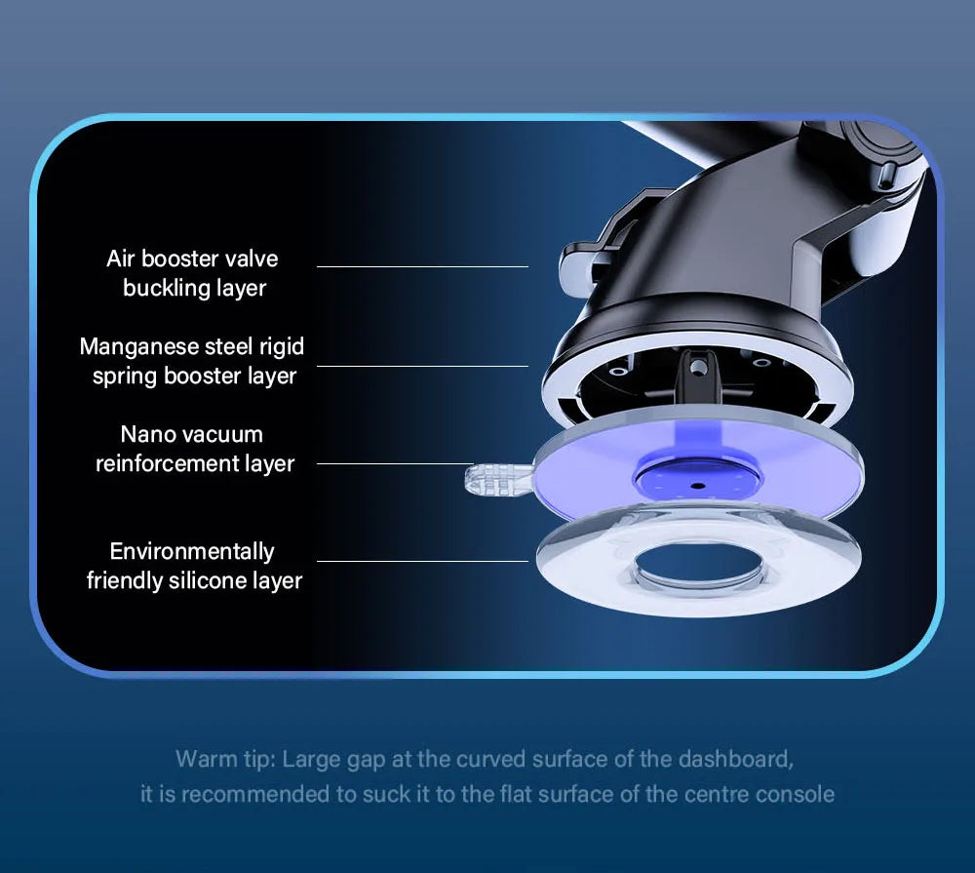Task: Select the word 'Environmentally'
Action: pos(192,552)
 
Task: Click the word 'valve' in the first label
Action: pos(252,258)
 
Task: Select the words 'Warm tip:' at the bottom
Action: pos(226,760)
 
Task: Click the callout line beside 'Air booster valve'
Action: pos(423,267)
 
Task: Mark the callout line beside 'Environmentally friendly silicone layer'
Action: pos(423,561)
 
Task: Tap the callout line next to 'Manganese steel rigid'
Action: pos(423,366)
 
